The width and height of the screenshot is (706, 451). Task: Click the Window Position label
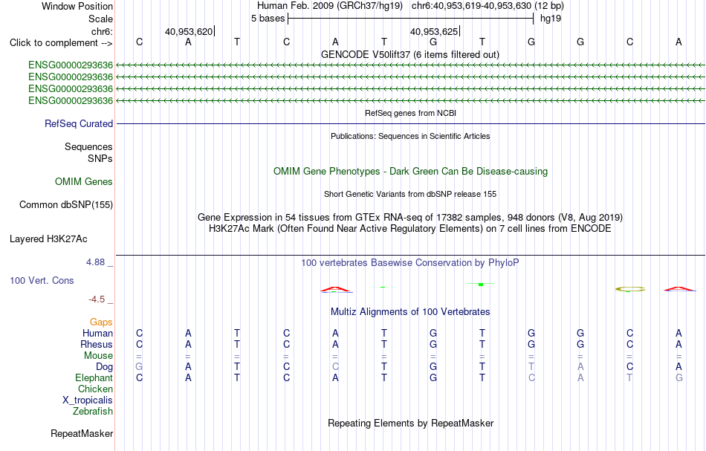point(77,6)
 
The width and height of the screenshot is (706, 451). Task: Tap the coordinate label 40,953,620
point(189,31)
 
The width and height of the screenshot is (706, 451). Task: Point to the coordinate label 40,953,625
point(433,31)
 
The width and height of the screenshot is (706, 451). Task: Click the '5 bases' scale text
point(268,19)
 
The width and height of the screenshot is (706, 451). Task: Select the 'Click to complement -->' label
point(61,43)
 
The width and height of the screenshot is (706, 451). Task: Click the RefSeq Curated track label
point(79,124)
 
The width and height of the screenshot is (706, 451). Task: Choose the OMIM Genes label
point(84,181)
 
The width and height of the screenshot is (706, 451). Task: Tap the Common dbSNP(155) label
point(65,205)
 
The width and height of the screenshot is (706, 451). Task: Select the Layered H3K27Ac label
point(48,239)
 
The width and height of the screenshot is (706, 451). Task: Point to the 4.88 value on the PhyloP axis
point(95,262)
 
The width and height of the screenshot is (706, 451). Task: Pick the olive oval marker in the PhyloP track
point(630,289)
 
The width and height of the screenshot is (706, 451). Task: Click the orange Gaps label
point(101,322)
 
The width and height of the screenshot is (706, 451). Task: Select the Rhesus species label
point(97,344)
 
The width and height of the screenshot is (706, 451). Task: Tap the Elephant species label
point(94,378)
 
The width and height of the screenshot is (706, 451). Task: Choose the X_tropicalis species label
point(88,400)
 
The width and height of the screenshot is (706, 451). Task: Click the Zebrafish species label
point(93,412)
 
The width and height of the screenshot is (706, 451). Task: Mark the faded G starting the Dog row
point(139,367)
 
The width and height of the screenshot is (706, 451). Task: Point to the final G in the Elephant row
point(679,378)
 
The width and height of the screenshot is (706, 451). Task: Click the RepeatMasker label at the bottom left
point(82,433)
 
